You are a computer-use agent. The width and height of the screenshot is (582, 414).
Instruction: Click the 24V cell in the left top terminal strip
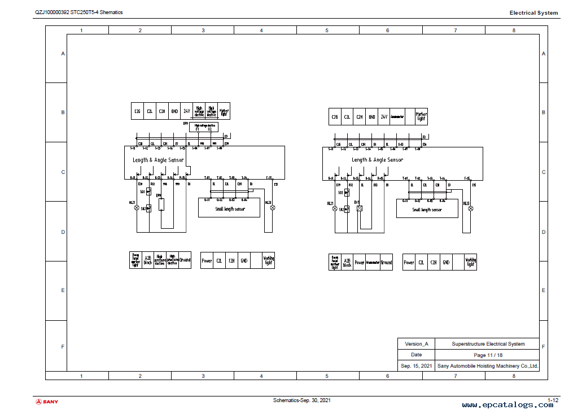(x=186, y=111)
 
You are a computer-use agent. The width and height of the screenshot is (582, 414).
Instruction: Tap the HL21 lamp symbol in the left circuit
(x=136, y=208)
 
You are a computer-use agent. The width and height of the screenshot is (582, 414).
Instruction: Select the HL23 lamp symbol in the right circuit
(x=471, y=208)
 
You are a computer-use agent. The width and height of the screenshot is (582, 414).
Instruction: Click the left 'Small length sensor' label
(x=229, y=209)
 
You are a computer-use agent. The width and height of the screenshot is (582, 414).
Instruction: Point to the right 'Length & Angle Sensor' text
(x=377, y=160)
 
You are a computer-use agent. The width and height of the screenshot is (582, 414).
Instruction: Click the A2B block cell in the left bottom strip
(x=148, y=260)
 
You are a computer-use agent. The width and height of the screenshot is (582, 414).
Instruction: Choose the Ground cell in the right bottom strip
(x=386, y=263)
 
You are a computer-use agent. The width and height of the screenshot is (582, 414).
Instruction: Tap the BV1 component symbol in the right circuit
(x=360, y=208)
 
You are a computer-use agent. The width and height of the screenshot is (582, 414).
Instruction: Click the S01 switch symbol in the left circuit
(x=148, y=192)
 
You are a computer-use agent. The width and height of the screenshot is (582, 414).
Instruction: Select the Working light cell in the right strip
(x=470, y=262)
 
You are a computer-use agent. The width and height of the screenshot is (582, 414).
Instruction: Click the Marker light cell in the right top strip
(x=421, y=116)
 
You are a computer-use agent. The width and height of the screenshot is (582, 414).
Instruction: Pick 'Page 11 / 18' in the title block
(x=488, y=355)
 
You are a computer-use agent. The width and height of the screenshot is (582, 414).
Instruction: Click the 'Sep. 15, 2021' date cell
(x=416, y=366)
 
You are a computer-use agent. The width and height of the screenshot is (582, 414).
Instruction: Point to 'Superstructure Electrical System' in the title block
(x=488, y=344)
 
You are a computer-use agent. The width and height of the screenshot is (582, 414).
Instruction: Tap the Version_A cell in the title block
(x=416, y=344)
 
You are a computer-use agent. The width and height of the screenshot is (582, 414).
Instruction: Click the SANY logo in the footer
(x=47, y=402)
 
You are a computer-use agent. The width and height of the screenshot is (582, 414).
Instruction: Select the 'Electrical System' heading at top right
(x=533, y=12)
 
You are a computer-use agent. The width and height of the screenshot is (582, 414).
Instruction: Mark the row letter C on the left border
(x=63, y=172)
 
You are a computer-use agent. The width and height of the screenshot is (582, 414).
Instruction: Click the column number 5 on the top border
(x=326, y=30)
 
